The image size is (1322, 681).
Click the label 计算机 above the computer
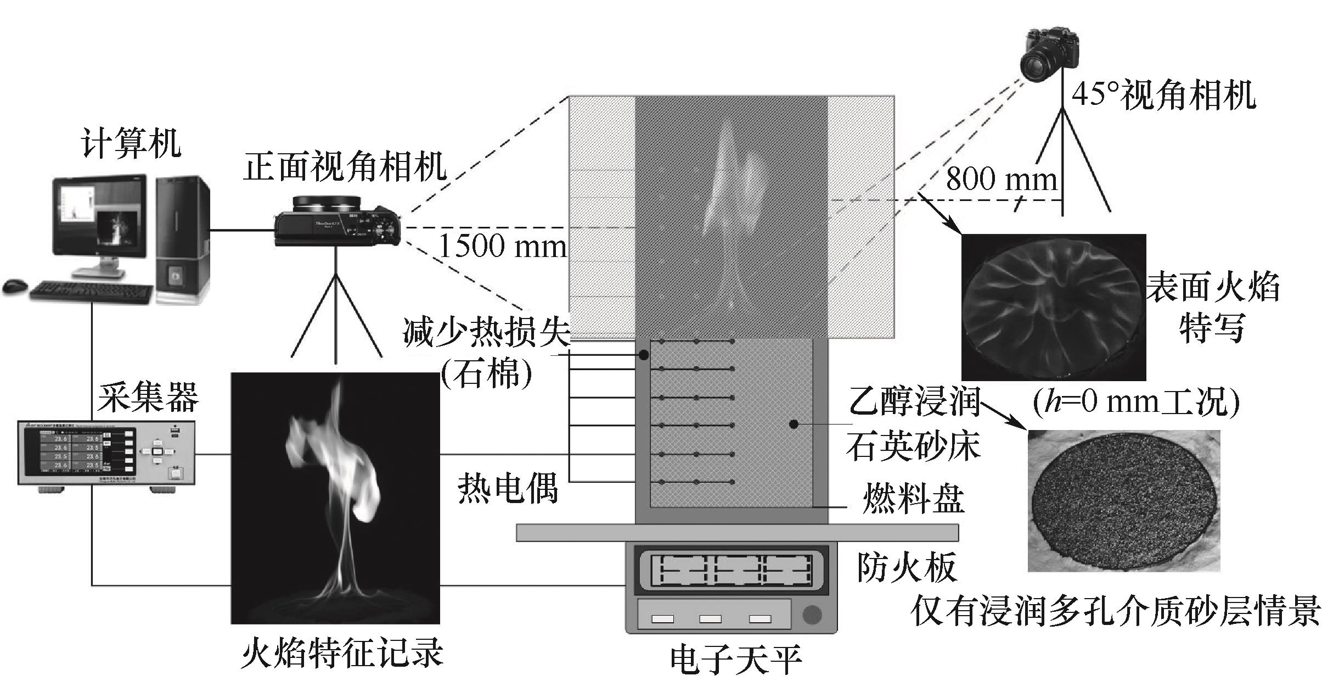pyautogui.click(x=131, y=143)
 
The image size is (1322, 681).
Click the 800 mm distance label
pyautogui.click(x=1002, y=179)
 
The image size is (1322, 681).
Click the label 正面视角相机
pyautogui.click(x=345, y=166)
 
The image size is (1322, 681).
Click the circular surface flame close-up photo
pyautogui.click(x=1053, y=307)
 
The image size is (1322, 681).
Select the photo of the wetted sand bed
pyautogui.click(x=1123, y=500)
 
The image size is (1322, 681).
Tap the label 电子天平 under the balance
pyautogui.click(x=736, y=661)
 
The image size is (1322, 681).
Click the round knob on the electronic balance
pyautogui.click(x=812, y=615)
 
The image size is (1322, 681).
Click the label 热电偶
pyautogui.click(x=508, y=488)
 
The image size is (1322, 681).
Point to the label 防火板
pyautogui.click(x=907, y=566)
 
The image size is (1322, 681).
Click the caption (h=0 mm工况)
pyautogui.click(x=1136, y=404)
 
